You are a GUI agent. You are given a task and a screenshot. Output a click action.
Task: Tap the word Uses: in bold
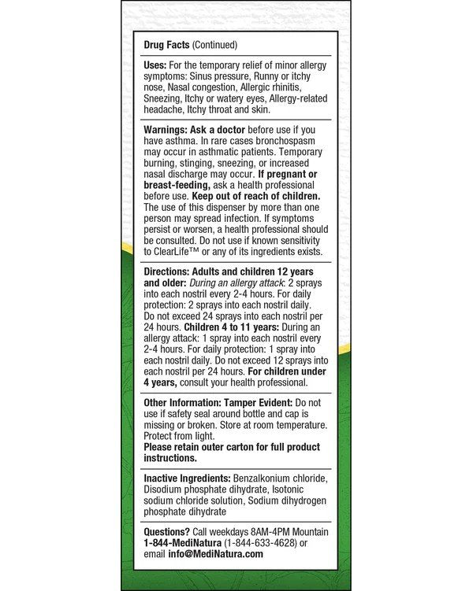coord(157,65)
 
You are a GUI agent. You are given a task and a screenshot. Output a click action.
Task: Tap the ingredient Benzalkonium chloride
coord(279,478)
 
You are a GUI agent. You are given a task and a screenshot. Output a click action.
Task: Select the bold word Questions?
coord(166,532)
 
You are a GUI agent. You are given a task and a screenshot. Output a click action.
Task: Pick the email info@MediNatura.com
coord(215,554)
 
